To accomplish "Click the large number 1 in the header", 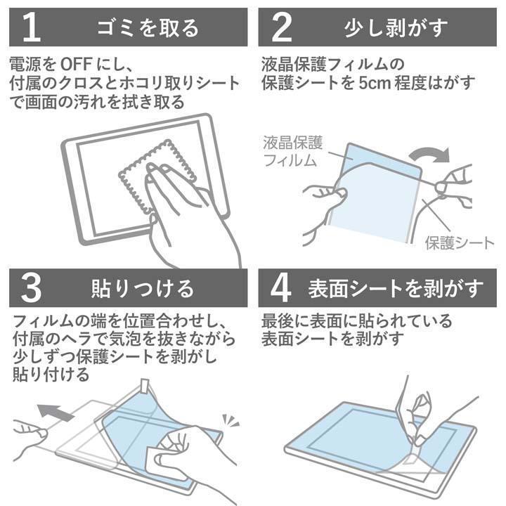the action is [x=32, y=27].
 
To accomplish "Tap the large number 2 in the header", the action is [x=281, y=27].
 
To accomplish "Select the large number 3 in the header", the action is [x=32, y=288].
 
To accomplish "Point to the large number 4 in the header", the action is [x=280, y=288].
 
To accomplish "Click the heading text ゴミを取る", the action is [x=148, y=27].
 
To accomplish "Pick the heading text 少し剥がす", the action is [x=396, y=27].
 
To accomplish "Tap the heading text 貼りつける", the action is [x=142, y=288].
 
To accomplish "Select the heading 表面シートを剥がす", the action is [x=396, y=288].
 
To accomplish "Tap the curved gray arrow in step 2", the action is [x=430, y=155].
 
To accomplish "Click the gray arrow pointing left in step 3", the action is [x=56, y=412].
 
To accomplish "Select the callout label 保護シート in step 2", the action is [x=459, y=243].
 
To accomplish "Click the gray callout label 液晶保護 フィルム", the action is [x=292, y=151].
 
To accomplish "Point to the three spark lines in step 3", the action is [x=231, y=420].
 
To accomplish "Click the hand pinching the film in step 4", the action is [x=420, y=416].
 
